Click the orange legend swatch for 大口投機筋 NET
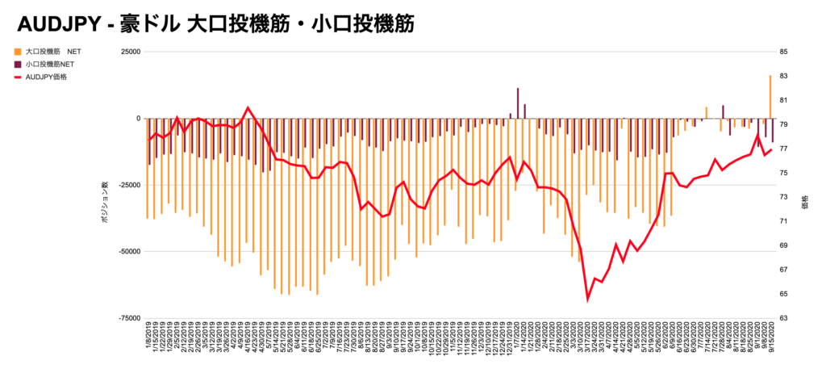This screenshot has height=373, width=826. [x=18, y=52]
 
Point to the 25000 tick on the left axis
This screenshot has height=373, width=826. [x=129, y=52]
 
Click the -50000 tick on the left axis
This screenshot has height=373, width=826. [x=127, y=252]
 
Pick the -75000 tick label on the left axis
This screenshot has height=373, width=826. [x=127, y=318]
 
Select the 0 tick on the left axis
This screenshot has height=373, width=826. [x=137, y=119]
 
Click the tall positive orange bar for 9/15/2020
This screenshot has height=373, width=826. [x=770, y=97]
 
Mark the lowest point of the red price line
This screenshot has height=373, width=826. [x=588, y=300]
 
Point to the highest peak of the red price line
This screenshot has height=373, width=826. [x=248, y=107]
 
